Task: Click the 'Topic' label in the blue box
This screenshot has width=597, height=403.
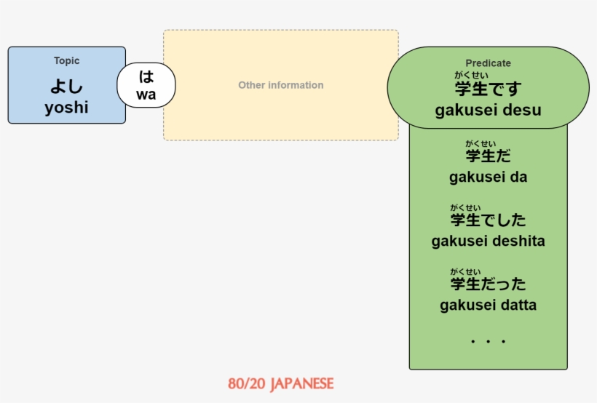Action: coord(66,61)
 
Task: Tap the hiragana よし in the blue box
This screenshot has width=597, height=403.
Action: coord(66,86)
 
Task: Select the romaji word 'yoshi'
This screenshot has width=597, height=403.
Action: coord(66,108)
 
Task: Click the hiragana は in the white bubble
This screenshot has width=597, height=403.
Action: coord(146,76)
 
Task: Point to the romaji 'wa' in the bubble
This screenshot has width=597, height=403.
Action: coord(146,95)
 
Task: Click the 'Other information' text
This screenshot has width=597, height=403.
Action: coord(281,85)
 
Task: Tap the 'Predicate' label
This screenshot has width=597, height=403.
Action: coord(488,63)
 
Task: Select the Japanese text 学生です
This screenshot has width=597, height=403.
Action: coord(488,90)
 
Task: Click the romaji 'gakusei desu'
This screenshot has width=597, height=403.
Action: coord(488,111)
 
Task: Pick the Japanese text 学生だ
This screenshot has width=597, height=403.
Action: coord(488,156)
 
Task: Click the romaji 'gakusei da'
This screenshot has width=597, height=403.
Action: coord(488,177)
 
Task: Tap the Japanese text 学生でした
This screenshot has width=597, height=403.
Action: coord(488,220)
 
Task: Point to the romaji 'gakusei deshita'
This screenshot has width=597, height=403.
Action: coord(488,241)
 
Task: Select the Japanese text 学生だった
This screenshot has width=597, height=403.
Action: coord(488,284)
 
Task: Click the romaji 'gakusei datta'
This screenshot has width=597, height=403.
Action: coord(488,305)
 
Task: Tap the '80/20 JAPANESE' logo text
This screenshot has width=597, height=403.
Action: coord(280,383)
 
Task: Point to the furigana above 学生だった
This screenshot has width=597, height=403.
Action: coord(465,271)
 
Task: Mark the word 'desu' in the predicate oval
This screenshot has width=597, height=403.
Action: coord(523,111)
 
